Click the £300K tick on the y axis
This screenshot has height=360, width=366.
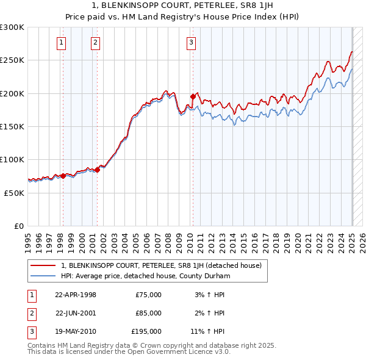coord(12,27)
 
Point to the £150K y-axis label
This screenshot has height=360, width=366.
coord(12,126)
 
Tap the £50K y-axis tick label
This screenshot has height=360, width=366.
coord(14,192)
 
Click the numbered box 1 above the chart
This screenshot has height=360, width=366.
coord(62,42)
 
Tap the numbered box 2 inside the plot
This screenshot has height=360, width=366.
coord(96,42)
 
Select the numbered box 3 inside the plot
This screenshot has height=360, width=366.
coord(192,42)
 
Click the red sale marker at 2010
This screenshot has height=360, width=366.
coord(193,96)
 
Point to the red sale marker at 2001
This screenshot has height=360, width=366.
coord(97,170)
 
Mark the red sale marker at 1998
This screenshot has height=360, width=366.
coord(63,176)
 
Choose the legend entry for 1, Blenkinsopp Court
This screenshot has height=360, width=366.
coord(161,265)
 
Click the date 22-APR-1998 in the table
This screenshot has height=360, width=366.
coord(76,295)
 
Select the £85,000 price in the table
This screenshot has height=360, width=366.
coord(149,313)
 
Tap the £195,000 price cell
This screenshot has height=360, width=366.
coord(146,331)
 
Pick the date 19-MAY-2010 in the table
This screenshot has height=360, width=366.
coord(76,331)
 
